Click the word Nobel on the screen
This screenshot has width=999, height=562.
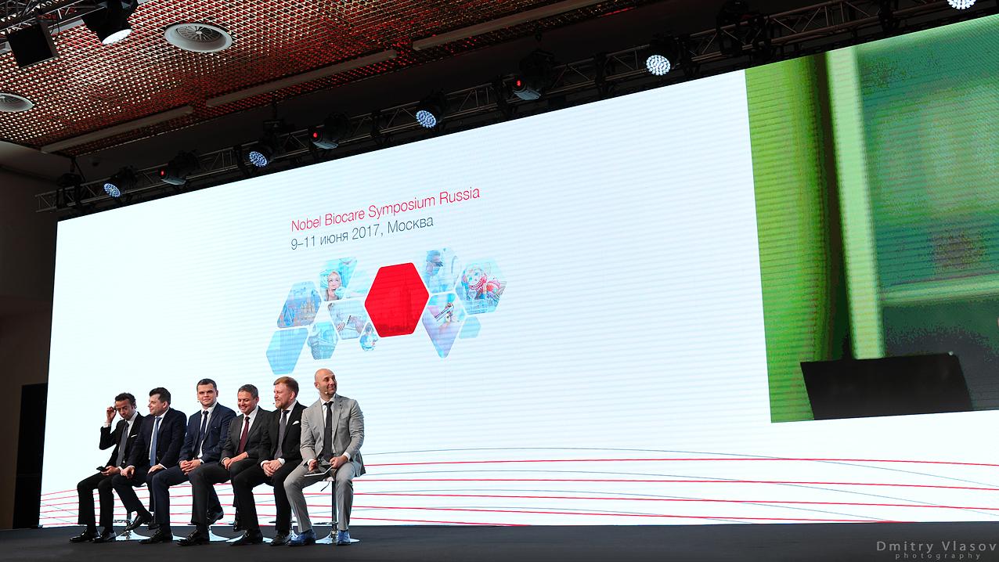pyautogui.click(x=306, y=223)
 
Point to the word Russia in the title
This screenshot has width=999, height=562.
pyautogui.click(x=460, y=196)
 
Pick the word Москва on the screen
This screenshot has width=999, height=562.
pyautogui.click(x=410, y=225)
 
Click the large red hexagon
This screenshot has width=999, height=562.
pyautogui.click(x=396, y=299)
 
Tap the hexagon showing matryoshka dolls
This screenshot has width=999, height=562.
pyautogui.click(x=481, y=286)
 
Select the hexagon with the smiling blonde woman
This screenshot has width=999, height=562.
pyautogui.click(x=337, y=279)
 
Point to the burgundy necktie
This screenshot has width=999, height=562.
pyautogui.click(x=243, y=435)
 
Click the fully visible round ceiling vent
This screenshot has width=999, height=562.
pyautogui.click(x=198, y=37)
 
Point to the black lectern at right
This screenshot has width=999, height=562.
pyautogui.click(x=885, y=386)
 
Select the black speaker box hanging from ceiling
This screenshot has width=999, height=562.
pyautogui.click(x=32, y=44)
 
